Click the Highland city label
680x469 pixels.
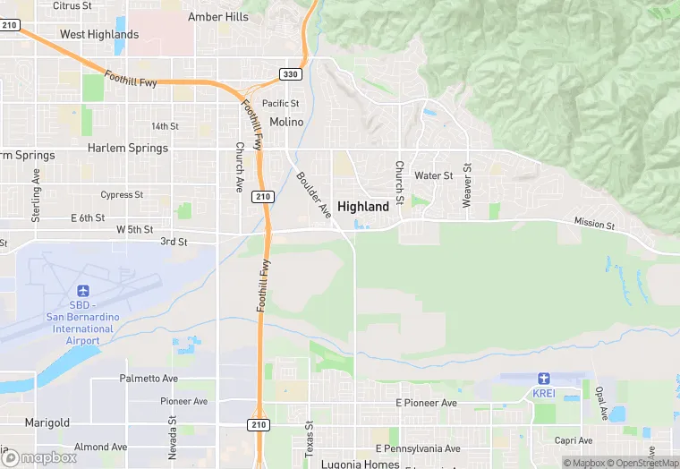(363, 206)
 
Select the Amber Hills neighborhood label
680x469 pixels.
(217, 17)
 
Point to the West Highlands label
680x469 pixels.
(99, 35)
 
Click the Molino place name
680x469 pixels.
(286, 122)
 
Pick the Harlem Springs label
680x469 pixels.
(128, 148)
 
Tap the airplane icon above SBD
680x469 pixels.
(83, 291)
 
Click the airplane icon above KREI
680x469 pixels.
(544, 379)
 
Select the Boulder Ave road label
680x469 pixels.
(313, 194)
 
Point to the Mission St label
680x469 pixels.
(594, 224)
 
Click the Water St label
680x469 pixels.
(434, 175)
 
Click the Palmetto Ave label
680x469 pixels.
(149, 379)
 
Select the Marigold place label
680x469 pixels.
(47, 422)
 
